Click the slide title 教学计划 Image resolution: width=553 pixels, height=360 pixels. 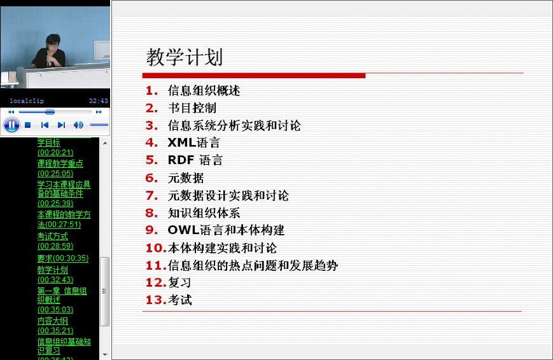coord(184,57)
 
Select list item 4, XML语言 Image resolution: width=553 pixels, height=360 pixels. coord(193,142)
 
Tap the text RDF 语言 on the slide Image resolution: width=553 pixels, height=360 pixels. coord(195,160)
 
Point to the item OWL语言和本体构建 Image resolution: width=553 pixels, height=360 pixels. coord(226,230)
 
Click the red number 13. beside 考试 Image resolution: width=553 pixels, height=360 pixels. coord(156,300)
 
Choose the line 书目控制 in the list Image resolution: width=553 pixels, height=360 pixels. coord(192,108)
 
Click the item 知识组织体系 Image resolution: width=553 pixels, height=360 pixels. coord(204,212)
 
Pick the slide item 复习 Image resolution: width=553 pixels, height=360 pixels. coord(179,282)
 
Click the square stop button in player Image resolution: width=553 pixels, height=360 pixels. coord(28,125)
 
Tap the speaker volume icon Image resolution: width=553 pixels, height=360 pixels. coord(78,125)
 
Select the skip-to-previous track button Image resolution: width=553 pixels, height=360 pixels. coord(45,125)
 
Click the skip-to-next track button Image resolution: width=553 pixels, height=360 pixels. coord(61,125)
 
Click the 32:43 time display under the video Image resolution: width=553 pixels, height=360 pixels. coord(99,101)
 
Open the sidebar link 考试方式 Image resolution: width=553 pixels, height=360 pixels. coord(53,236)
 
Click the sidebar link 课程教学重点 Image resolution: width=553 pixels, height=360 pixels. coord(60,163)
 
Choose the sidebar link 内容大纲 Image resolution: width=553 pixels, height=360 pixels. coord(53,321)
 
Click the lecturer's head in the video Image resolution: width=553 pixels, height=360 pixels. coord(53,41)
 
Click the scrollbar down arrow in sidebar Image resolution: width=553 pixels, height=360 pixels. coord(105,354)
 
